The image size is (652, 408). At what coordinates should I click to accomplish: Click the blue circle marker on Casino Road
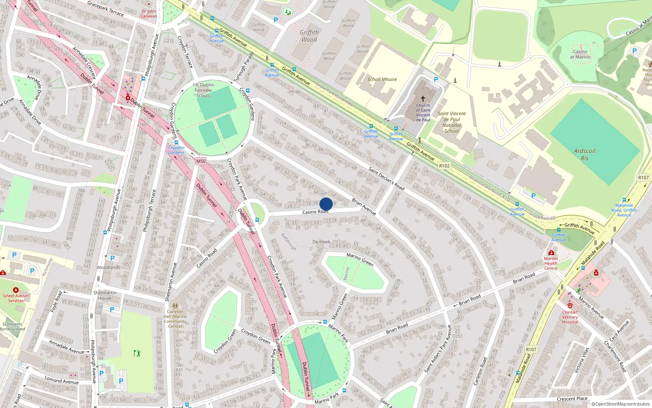(326, 204)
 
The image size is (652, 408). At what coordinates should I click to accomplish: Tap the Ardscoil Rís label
(584, 154)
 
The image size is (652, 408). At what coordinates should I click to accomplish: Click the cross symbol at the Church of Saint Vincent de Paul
(423, 99)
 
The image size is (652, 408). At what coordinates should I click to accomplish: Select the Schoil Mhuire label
(382, 80)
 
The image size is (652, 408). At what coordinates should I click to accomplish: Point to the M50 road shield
(201, 161)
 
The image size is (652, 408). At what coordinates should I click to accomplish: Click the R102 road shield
(444, 166)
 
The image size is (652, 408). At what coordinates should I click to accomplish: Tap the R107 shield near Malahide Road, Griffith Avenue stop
(643, 177)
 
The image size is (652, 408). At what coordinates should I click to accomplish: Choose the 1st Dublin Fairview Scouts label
(203, 90)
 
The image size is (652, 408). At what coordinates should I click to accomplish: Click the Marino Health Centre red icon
(551, 253)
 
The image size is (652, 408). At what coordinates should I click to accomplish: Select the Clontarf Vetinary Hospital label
(570, 317)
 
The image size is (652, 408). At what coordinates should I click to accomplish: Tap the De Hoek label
(321, 242)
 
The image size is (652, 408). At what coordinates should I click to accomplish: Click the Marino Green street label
(360, 259)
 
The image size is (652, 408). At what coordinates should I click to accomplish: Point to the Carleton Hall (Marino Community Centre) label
(175, 319)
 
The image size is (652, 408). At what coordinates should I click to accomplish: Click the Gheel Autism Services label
(16, 298)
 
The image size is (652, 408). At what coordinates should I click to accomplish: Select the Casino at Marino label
(580, 54)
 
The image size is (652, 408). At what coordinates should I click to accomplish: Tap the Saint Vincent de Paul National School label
(452, 122)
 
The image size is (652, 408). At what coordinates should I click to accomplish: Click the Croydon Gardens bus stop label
(176, 150)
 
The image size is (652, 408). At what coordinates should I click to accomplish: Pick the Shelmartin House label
(105, 295)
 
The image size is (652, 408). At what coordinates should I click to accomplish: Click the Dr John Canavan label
(149, 14)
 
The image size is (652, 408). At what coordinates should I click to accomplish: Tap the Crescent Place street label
(572, 399)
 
